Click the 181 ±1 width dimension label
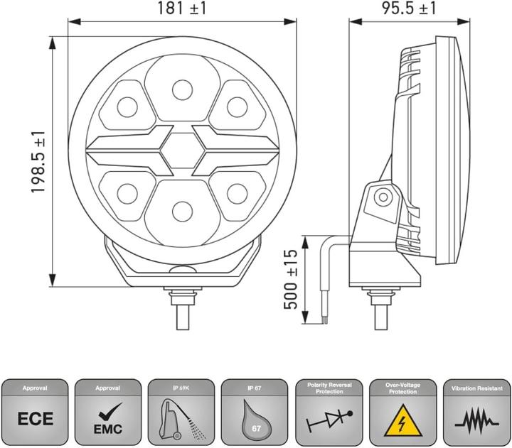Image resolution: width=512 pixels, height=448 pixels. (x=182, y=8)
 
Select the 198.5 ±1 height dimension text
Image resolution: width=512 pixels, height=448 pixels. (x=38, y=162)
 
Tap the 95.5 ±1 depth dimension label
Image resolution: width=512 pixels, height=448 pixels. (x=409, y=8)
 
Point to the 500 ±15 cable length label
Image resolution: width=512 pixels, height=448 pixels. (x=291, y=280)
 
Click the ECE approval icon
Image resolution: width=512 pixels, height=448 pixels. (x=36, y=419)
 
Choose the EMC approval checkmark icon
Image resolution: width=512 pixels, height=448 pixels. (x=108, y=420)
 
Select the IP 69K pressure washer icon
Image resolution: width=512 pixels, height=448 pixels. (x=181, y=419)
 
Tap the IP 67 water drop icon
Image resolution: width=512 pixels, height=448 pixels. (x=256, y=420)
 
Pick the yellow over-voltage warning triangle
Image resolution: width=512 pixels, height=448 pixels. (x=402, y=420)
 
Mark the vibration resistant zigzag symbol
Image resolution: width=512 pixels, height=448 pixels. (x=476, y=423)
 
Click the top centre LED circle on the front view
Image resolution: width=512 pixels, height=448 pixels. (x=182, y=90)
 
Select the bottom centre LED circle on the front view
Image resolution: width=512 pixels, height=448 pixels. (x=182, y=212)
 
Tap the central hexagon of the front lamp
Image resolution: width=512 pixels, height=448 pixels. (x=183, y=151)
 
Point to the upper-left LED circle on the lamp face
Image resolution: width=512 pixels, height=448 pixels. (x=127, y=107)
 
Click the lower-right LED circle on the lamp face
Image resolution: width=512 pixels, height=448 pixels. (x=237, y=194)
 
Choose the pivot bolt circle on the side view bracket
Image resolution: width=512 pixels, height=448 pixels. (x=383, y=197)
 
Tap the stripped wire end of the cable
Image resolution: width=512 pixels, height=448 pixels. (x=324, y=307)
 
